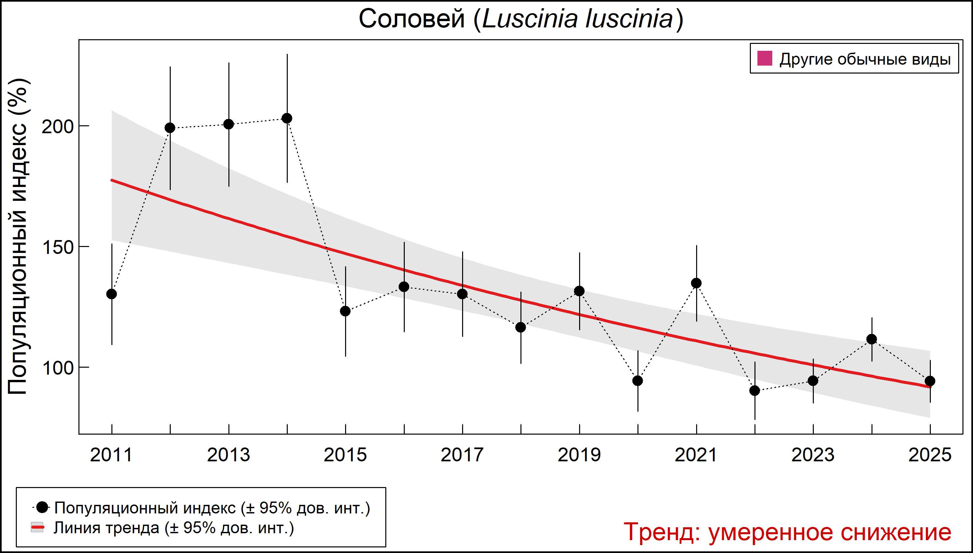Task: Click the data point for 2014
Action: tap(287, 118)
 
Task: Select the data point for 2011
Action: tap(112, 294)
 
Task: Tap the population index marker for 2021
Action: tap(696, 283)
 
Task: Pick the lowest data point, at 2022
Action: tap(755, 390)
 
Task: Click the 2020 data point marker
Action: tap(638, 381)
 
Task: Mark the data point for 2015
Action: tap(345, 311)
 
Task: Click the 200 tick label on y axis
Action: tap(57, 127)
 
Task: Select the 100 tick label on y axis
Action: tap(57, 368)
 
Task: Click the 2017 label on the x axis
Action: tap(462, 455)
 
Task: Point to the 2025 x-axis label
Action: tap(930, 455)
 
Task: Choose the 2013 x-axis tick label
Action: tap(228, 455)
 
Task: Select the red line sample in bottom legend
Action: tap(37, 528)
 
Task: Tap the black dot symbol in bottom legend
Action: tap(43, 507)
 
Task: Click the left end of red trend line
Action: tap(112, 180)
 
